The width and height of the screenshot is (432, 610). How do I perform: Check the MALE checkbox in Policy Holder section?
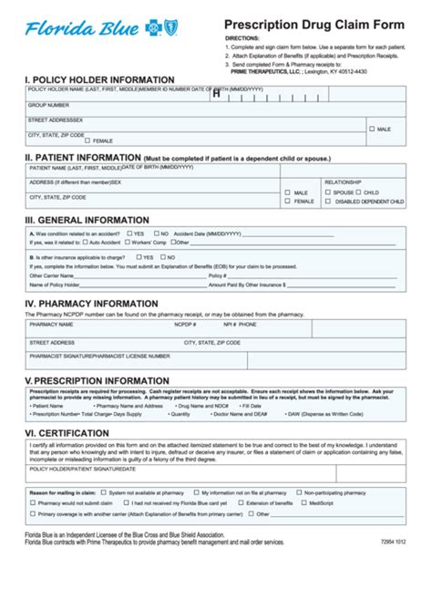371,129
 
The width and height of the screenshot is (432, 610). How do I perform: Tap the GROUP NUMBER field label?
49,105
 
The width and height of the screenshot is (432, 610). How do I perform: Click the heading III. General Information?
87,220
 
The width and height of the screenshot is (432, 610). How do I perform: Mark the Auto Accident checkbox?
85,243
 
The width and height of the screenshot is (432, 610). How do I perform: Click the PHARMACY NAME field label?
51,324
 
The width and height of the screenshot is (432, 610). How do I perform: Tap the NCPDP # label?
185,324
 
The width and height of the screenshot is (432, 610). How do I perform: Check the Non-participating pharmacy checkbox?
296,492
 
